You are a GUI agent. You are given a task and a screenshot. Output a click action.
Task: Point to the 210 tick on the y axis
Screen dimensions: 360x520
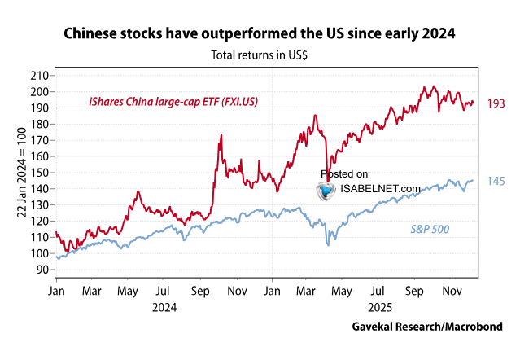click(38, 75)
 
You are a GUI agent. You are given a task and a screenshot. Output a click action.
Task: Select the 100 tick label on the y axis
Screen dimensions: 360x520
click(38, 253)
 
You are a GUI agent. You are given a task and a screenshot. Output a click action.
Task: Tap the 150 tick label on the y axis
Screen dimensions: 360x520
click(38, 172)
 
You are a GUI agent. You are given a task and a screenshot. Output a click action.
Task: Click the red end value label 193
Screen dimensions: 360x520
click(497, 104)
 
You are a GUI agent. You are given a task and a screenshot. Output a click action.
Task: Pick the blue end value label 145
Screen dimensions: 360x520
click(497, 181)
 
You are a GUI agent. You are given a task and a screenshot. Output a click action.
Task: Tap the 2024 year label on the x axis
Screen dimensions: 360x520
click(164, 309)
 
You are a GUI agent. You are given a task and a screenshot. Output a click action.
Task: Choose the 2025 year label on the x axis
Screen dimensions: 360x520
click(378, 309)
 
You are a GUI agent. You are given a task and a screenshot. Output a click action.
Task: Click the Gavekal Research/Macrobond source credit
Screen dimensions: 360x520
click(426, 327)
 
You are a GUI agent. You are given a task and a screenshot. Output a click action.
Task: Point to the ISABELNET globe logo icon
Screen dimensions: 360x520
click(327, 191)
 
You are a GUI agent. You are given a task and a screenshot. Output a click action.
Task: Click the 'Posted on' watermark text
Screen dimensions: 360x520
click(344, 173)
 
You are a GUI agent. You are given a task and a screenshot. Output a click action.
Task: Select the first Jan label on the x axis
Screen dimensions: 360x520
click(57, 290)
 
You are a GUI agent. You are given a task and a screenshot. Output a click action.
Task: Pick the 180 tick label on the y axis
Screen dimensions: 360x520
click(38, 123)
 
